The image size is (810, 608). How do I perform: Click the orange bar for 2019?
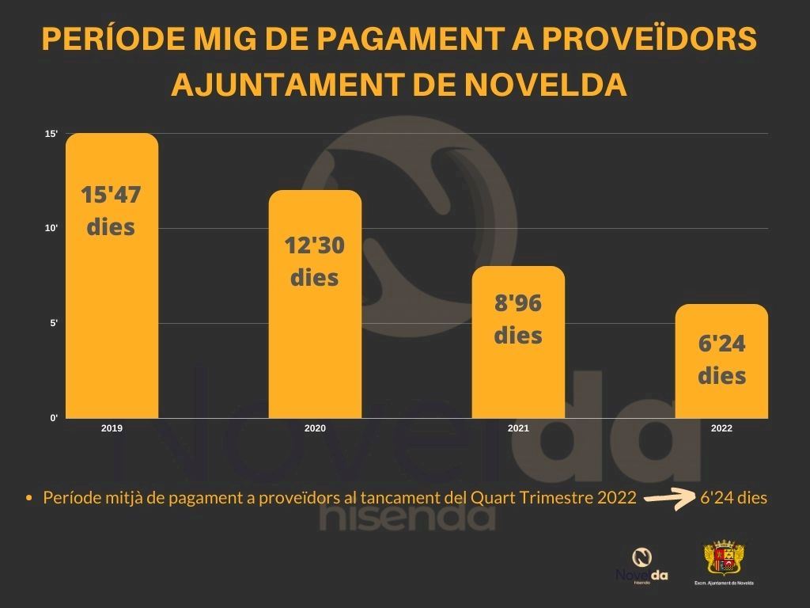pyautogui.click(x=112, y=317)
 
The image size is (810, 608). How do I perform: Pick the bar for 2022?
pyautogui.click(x=721, y=396)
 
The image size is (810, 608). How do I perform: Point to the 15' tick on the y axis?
pyautogui.click(x=51, y=134)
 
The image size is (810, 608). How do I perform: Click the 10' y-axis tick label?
pyautogui.click(x=51, y=228)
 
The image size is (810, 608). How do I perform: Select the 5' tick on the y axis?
pyautogui.click(x=54, y=323)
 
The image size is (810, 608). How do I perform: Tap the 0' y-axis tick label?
pyautogui.click(x=54, y=418)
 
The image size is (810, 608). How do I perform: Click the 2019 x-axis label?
pyautogui.click(x=112, y=428)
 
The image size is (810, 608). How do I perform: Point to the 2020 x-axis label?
pyautogui.click(x=315, y=428)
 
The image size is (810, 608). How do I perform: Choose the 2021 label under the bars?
pyautogui.click(x=518, y=428)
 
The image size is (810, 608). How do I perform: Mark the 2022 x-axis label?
pyautogui.click(x=721, y=428)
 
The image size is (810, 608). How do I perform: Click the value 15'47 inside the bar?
pyautogui.click(x=112, y=195)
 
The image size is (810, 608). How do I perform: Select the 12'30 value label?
pyautogui.click(x=315, y=246)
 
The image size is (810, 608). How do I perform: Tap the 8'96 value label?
pyautogui.click(x=518, y=303)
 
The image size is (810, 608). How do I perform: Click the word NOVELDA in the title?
pyautogui.click(x=545, y=84)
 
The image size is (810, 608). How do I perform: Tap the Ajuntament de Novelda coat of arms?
pyautogui.click(x=724, y=559)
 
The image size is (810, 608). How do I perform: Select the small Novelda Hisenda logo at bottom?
pyautogui.click(x=642, y=564)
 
